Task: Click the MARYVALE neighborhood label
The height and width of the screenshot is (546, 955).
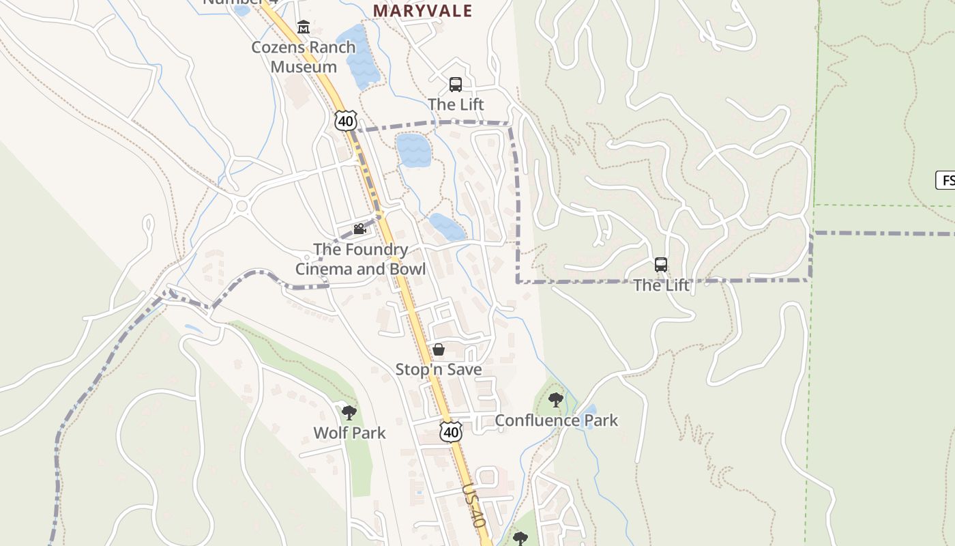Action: pyautogui.click(x=422, y=11)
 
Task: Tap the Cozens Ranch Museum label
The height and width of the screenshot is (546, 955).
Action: pyautogui.click(x=304, y=57)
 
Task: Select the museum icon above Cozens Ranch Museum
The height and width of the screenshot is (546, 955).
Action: pyautogui.click(x=304, y=27)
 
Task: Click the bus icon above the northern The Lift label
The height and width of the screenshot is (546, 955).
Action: pyautogui.click(x=456, y=85)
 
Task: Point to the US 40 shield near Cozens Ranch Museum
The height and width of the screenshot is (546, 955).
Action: pyautogui.click(x=346, y=121)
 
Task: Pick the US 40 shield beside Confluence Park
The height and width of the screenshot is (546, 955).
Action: pyautogui.click(x=450, y=431)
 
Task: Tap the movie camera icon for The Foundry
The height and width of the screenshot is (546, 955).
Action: pyautogui.click(x=359, y=229)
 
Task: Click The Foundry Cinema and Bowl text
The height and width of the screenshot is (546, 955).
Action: pyautogui.click(x=360, y=259)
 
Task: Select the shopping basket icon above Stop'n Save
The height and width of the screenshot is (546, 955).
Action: pyautogui.click(x=439, y=349)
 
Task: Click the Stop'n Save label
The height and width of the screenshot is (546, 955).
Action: pyautogui.click(x=439, y=370)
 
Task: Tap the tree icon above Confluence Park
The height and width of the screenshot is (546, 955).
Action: pyautogui.click(x=556, y=400)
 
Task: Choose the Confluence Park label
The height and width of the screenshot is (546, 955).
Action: pyautogui.click(x=556, y=420)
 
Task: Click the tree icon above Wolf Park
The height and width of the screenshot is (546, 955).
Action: pyautogui.click(x=349, y=412)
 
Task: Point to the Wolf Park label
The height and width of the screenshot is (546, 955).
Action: pyautogui.click(x=349, y=433)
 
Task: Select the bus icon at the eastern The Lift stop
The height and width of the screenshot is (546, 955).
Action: pyautogui.click(x=660, y=265)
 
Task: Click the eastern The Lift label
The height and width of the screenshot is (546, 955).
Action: pyautogui.click(x=661, y=285)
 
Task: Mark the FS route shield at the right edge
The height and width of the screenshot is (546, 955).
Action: pyautogui.click(x=945, y=181)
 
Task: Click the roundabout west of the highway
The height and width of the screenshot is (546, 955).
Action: pyautogui.click(x=240, y=205)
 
